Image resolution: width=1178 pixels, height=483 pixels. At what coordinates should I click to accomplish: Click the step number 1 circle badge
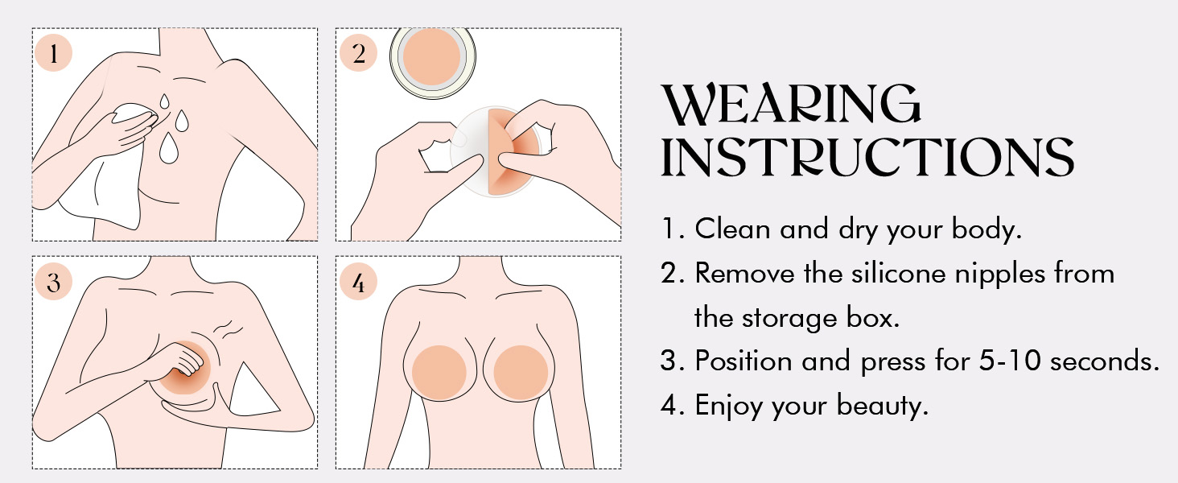54,52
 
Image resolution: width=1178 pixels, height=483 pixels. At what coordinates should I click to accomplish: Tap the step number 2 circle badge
359,52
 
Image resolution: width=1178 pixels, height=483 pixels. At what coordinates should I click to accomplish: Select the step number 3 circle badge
54,282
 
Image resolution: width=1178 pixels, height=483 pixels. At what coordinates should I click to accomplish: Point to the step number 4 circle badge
359,282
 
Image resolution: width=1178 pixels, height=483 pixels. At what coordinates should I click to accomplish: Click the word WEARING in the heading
791,104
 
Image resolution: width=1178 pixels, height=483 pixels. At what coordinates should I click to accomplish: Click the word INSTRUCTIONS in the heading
867,157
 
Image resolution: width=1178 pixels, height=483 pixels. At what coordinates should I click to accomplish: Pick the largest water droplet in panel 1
169,148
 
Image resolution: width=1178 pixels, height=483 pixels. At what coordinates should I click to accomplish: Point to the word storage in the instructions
789,318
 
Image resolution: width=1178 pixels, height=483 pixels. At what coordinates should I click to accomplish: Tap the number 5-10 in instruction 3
1009,361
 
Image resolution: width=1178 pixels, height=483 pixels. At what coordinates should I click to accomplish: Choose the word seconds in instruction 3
1103,361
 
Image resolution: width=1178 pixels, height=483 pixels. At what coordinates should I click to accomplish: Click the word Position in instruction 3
743,361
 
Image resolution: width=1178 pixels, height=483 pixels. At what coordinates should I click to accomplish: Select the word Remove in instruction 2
744,274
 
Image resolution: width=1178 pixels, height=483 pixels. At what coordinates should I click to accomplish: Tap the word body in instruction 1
986,229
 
